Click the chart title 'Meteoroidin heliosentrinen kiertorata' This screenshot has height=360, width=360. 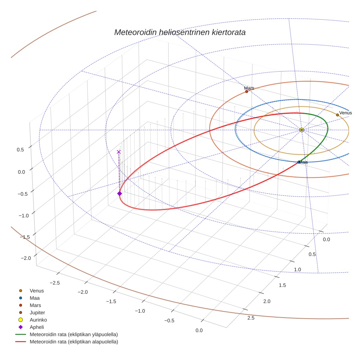click(180, 32)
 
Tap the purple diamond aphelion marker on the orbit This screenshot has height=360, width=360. click(119, 194)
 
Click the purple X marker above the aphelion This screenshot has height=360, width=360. click(119, 152)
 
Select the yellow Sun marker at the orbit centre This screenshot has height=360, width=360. click(301, 130)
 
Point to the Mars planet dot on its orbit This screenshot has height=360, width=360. click(247, 91)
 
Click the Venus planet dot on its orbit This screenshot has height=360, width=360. click(337, 115)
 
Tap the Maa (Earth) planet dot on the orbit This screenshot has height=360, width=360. click(299, 162)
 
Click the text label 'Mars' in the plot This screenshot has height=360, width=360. click(249, 88)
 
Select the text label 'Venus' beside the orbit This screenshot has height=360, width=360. click(345, 113)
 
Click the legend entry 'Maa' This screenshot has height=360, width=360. click(35, 298)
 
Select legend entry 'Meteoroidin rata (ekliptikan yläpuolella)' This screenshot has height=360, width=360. click(74, 334)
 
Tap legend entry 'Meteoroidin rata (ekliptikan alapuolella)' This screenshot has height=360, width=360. click(74, 342)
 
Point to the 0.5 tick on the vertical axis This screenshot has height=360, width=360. click(20, 150)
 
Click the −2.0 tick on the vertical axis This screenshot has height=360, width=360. click(26, 258)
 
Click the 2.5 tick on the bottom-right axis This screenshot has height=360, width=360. click(251, 318)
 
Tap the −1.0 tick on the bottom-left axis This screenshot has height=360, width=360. click(140, 311)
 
